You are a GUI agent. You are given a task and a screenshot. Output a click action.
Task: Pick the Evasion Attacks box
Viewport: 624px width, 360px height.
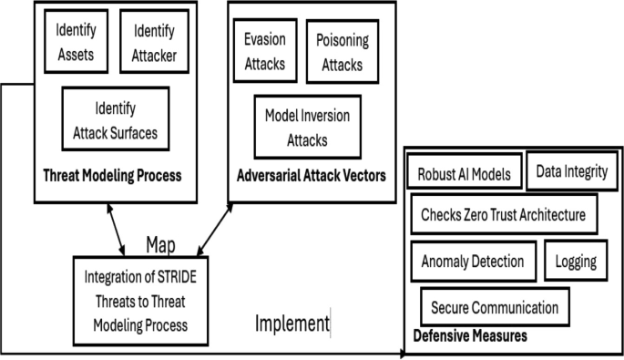(265, 51)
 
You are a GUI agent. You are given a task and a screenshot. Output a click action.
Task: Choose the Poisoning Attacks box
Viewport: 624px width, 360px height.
(339, 51)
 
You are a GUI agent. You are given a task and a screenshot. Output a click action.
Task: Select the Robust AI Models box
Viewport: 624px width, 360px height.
(465, 173)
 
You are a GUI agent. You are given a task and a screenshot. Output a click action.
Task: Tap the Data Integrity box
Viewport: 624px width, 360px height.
(571, 170)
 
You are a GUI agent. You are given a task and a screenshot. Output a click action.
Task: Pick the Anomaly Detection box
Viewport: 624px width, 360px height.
(473, 262)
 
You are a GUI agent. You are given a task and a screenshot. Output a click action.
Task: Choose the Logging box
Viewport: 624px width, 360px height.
(576, 262)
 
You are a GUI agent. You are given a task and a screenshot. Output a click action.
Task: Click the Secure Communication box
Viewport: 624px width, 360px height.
(496, 307)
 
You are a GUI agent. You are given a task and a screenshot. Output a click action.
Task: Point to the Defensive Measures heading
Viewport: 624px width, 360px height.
(470, 336)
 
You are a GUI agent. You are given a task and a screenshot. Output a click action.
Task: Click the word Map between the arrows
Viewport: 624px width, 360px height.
(159, 244)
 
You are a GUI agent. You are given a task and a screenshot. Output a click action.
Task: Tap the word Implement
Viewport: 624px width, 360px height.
(292, 324)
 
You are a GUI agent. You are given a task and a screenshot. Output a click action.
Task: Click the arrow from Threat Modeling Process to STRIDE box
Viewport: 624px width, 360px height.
(116, 229)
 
